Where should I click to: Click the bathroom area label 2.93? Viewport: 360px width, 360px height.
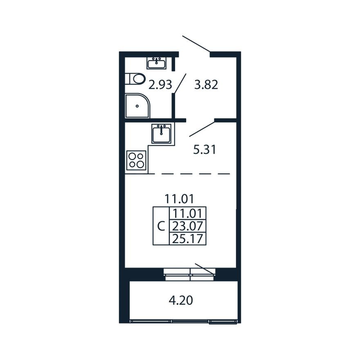coord(160,85)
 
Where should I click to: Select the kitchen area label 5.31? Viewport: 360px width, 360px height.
coord(205,150)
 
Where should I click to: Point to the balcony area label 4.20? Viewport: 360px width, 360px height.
coord(181,301)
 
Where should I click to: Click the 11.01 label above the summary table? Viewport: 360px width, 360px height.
coord(179,199)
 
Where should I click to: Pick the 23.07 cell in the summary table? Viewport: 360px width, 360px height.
coord(188,226)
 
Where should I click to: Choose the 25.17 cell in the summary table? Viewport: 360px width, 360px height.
coord(188,239)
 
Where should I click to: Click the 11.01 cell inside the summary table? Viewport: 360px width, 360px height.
coord(188,214)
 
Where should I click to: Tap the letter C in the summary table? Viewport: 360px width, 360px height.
coord(161,226)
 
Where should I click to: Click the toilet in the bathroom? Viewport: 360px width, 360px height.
coord(135,78)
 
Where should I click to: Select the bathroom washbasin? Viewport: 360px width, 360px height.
coord(157,63)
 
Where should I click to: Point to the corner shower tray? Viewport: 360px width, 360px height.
coord(137,106)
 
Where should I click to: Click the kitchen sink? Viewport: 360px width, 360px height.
coord(162,133)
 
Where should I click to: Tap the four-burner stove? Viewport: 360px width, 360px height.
coord(137,160)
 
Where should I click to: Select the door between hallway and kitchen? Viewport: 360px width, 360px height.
coord(202,128)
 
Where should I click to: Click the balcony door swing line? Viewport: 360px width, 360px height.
coord(205,269)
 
